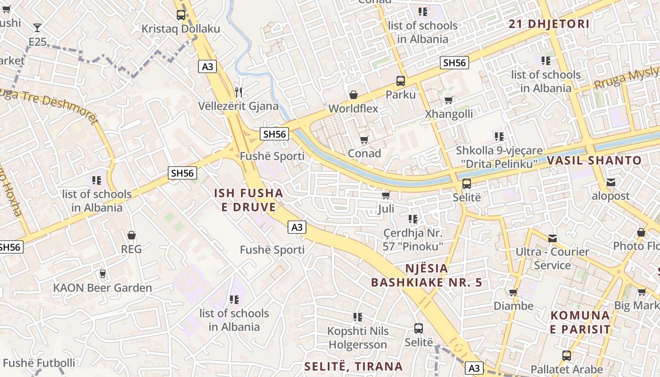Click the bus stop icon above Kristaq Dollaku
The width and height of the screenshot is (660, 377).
click(x=181, y=15)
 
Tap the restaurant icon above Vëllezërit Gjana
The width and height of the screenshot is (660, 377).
click(x=239, y=91)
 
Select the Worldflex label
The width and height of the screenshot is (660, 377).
click(x=353, y=108)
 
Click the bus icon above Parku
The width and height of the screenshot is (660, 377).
click(x=400, y=81)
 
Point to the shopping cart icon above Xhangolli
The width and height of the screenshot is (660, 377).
click(x=449, y=100)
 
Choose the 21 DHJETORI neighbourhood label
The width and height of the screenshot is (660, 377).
click(x=549, y=24)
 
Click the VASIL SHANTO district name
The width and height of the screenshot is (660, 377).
click(x=594, y=160)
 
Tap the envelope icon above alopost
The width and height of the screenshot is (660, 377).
click(x=611, y=182)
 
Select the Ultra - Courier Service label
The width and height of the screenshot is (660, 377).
click(x=552, y=258)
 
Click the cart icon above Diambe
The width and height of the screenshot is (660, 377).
click(x=513, y=293)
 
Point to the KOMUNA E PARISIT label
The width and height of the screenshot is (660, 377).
click(x=580, y=322)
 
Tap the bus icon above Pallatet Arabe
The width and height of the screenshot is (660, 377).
click(x=567, y=356)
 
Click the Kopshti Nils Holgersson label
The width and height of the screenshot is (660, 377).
click(x=358, y=337)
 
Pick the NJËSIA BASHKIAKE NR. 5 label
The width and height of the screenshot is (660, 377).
click(x=427, y=276)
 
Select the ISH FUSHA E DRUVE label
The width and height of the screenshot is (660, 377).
click(x=248, y=200)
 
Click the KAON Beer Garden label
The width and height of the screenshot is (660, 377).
click(x=102, y=288)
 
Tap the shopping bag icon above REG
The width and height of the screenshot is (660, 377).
click(x=132, y=235)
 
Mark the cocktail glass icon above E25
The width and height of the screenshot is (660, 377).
click(x=37, y=28)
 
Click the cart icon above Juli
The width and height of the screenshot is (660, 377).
click(x=386, y=195)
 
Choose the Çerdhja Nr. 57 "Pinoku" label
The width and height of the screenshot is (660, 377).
click(x=413, y=239)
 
